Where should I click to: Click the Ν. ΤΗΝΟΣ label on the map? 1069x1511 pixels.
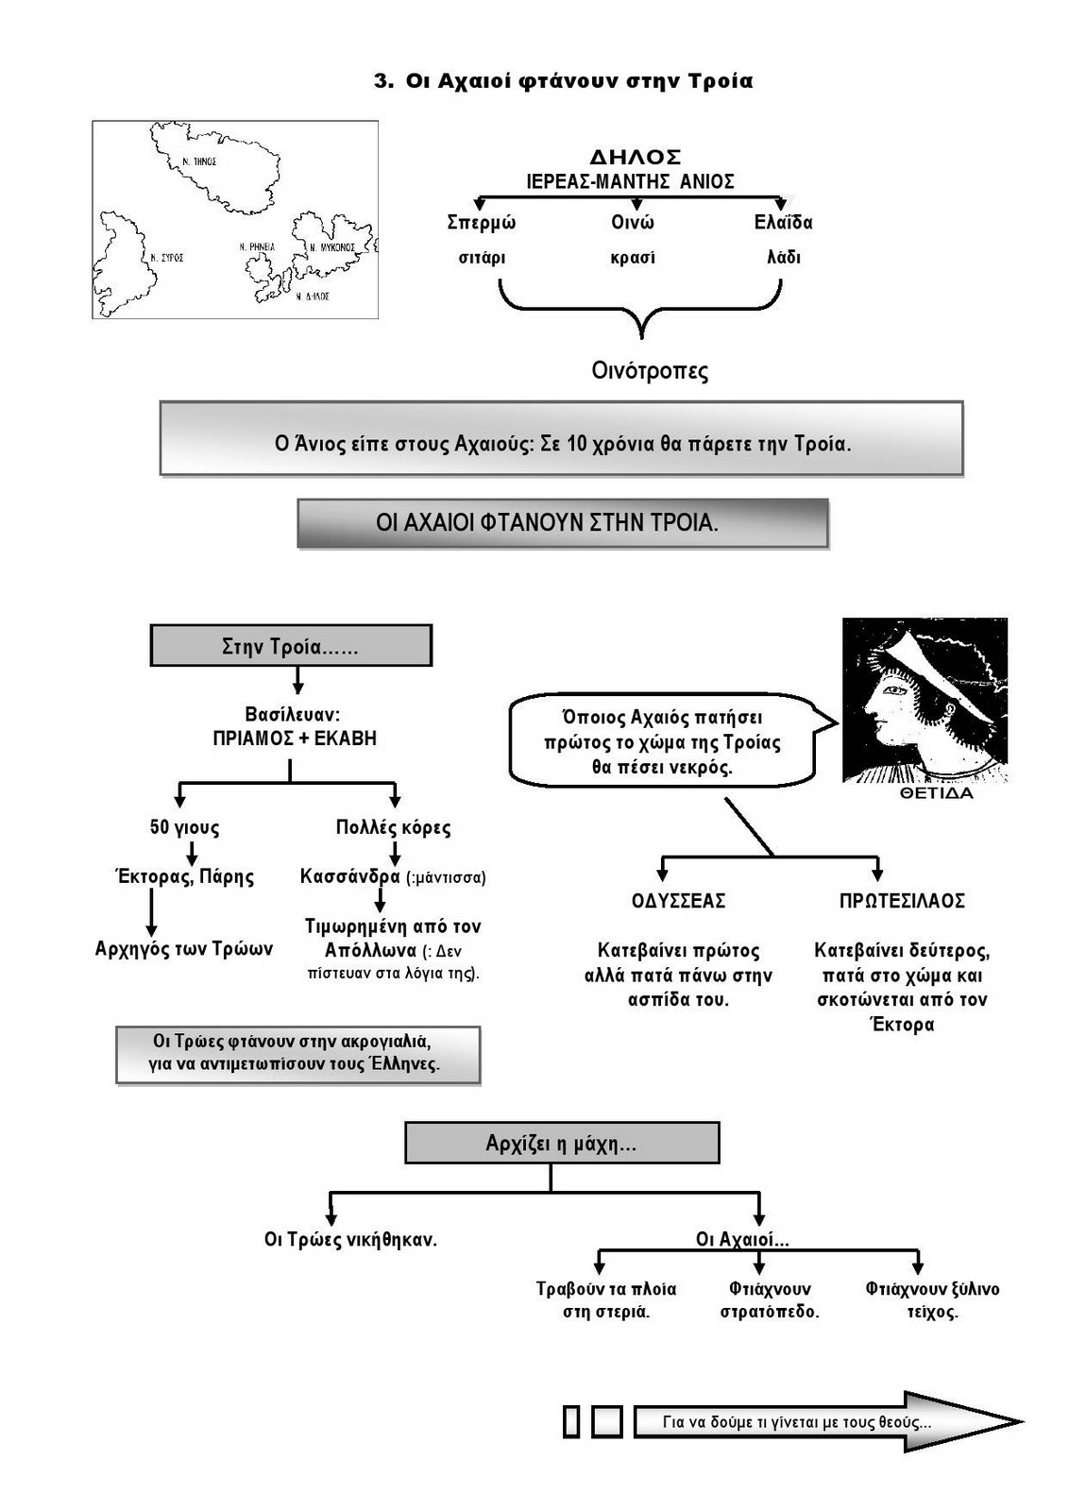point(200,161)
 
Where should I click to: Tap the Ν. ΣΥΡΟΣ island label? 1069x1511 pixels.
point(166,257)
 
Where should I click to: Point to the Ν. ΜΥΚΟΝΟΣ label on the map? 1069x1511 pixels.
point(332,247)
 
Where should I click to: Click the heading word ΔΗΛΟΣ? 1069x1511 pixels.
point(635,157)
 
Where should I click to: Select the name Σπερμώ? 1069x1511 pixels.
point(482,223)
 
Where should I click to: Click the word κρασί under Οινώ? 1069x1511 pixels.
point(633,258)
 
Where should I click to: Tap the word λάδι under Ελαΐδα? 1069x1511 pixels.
point(784,257)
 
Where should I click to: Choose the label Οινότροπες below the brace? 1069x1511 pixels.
point(650,370)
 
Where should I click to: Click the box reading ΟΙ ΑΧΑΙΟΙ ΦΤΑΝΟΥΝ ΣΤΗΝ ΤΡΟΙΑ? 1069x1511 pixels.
point(563,523)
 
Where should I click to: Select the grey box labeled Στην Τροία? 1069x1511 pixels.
point(291,647)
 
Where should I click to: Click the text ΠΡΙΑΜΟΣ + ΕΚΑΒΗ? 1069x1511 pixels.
point(295,739)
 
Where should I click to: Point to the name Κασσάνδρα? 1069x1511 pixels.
point(350,876)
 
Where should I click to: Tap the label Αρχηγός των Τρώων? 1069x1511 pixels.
point(184,948)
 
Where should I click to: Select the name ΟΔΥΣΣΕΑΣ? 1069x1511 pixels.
point(679,901)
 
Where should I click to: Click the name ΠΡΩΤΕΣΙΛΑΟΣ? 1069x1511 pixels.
point(902,901)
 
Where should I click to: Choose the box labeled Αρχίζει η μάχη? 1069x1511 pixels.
point(562,1144)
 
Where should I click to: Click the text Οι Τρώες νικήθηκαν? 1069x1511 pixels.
point(350,1239)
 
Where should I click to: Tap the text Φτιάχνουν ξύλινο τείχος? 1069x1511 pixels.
point(932,1300)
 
